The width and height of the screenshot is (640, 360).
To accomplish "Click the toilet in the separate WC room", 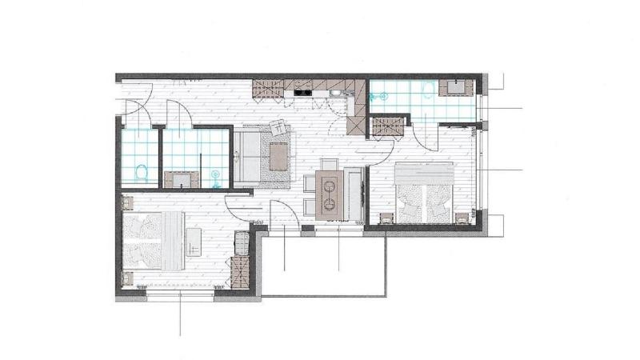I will pos(142,171).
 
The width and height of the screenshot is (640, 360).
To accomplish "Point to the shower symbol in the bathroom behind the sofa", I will pos(214,173).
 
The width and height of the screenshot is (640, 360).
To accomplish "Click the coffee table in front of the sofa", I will pos(278,156).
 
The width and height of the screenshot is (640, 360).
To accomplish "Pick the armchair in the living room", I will pos(279,128).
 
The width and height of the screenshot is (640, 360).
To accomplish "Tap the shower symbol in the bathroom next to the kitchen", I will pos(382,96).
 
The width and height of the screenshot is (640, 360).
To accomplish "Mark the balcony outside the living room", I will pos(324,264).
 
